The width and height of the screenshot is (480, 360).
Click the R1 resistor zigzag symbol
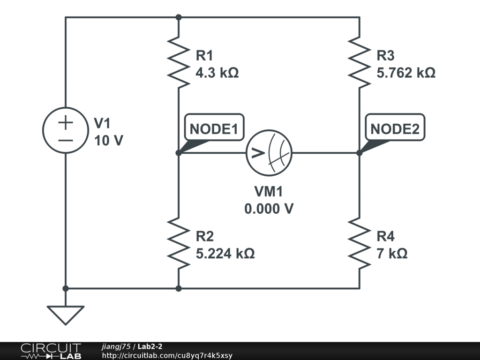(x=179, y=62)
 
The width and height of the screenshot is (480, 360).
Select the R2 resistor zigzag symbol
(x=179, y=243)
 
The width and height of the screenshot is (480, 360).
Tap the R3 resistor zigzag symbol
(x=360, y=62)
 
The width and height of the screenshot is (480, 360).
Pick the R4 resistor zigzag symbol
(x=360, y=243)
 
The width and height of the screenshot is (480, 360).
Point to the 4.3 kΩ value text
(x=217, y=73)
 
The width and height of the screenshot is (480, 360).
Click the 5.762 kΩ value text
(x=406, y=73)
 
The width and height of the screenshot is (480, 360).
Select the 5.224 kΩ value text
(x=225, y=254)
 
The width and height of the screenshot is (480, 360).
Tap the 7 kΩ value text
(x=392, y=254)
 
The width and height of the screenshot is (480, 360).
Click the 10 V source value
(x=109, y=141)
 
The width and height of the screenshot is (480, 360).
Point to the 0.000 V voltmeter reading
(x=269, y=209)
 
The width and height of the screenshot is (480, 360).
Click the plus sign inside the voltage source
(x=66, y=123)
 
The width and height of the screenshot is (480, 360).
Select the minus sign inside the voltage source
(x=66, y=141)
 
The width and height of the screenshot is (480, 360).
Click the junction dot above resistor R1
(x=179, y=17)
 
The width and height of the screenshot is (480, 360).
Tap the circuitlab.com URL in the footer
(x=167, y=355)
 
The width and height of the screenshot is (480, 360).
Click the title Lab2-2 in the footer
(x=150, y=346)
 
